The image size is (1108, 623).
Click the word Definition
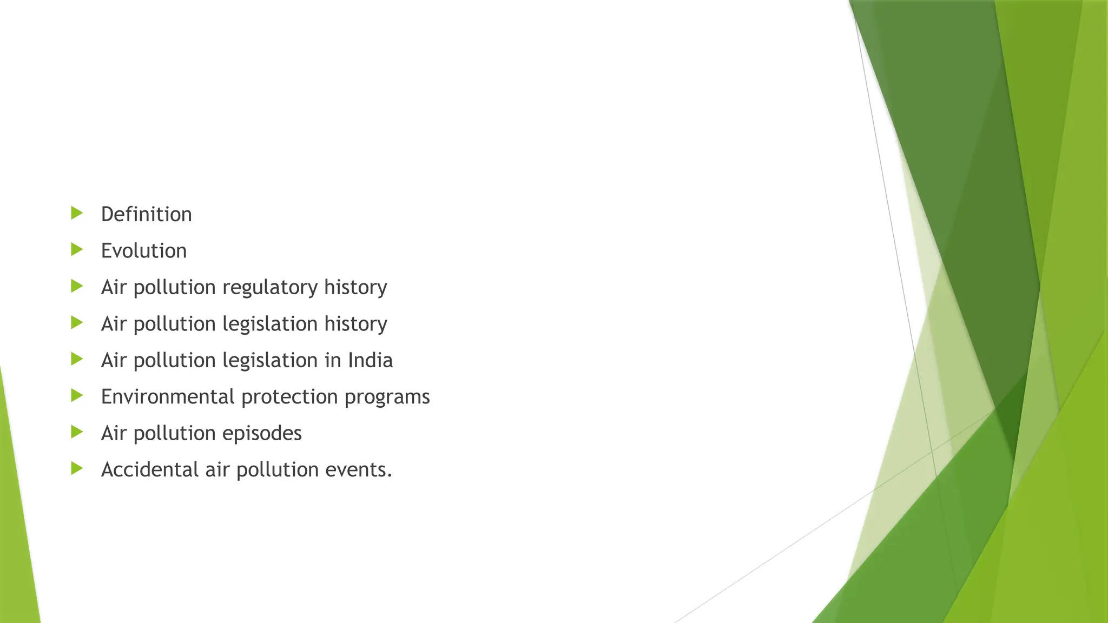(146, 214)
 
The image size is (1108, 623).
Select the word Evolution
(143, 251)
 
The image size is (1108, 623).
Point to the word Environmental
(168, 397)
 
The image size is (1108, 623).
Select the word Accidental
(150, 469)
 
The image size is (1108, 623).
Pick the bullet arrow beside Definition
(77, 213)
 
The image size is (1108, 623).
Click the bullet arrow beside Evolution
(77, 249)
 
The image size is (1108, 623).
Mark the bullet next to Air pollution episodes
(77, 432)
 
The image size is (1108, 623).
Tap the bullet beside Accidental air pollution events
(77, 468)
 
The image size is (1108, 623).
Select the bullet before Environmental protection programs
(77, 395)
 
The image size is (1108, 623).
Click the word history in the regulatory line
(355, 287)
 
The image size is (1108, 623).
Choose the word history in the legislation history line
(355, 324)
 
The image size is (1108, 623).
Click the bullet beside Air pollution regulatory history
(77, 286)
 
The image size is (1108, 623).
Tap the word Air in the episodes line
(114, 433)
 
